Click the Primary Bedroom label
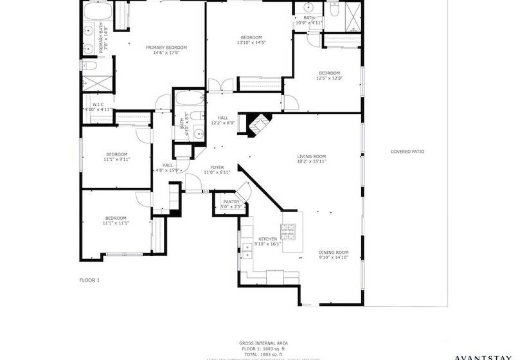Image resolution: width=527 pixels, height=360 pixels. [x=166, y=48]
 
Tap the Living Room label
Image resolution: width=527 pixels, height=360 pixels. [x=311, y=156]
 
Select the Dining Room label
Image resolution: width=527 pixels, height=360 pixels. [x=334, y=252]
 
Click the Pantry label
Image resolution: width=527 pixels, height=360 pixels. [x=231, y=202]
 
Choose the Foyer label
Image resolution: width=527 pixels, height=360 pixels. [x=217, y=168]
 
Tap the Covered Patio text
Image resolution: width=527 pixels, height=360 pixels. [x=407, y=152]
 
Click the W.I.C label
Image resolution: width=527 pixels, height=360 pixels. [x=98, y=104]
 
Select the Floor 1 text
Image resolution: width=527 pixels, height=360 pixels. [x=89, y=280]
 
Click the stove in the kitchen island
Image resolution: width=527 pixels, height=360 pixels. [x=289, y=230]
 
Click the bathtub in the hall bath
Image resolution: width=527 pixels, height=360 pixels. [x=189, y=101]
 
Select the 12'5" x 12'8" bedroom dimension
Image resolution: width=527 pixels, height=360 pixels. [x=329, y=78]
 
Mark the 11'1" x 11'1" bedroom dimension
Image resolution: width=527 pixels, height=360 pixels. [x=116, y=223]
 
